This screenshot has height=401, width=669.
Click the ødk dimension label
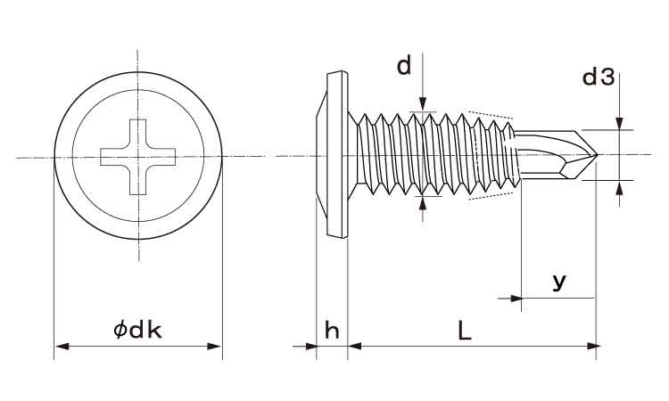137,331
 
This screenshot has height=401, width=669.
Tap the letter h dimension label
332,331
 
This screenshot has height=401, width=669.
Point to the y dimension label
558,282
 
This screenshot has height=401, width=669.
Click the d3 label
598,78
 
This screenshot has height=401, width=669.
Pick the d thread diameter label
405,66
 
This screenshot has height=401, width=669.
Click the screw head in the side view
333,156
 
